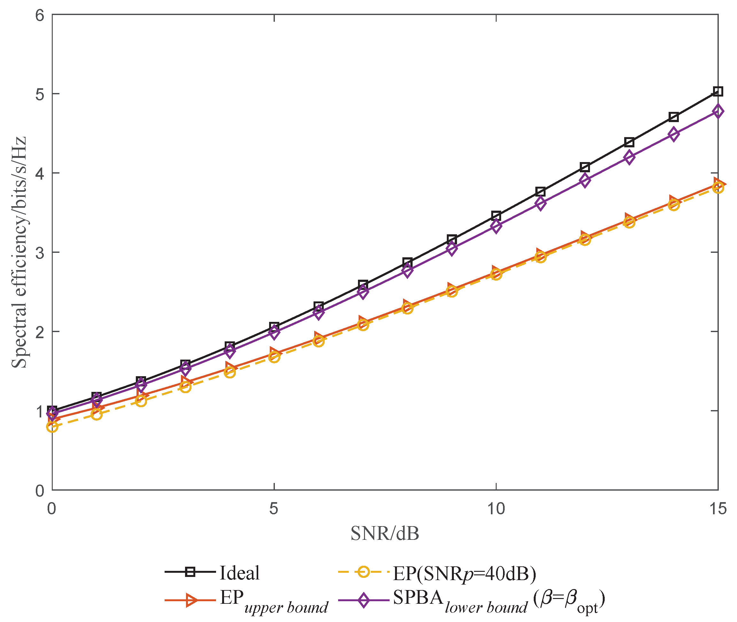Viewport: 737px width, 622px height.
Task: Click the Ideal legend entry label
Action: point(239,573)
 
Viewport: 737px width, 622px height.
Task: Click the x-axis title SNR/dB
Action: point(385,533)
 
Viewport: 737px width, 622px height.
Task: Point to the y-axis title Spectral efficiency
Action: point(19,252)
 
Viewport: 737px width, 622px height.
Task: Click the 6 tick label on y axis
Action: point(40,16)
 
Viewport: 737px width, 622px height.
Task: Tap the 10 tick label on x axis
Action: point(496,509)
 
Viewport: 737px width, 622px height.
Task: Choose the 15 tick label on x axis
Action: point(718,509)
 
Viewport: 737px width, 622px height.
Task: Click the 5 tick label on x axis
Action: point(274,509)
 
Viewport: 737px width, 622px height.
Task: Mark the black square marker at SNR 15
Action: point(718,92)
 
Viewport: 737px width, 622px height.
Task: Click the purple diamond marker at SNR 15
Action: point(718,112)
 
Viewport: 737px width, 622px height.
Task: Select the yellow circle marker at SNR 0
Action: point(52,427)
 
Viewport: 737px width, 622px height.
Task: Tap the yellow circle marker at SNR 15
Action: point(718,188)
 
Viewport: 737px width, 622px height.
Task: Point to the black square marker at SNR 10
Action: point(496,216)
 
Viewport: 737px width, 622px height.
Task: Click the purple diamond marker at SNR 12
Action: point(585,180)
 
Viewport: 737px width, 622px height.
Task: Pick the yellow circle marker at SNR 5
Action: point(274,357)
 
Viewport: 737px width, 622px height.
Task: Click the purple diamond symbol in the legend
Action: point(364,600)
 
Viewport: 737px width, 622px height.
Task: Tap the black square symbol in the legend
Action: point(190,571)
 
